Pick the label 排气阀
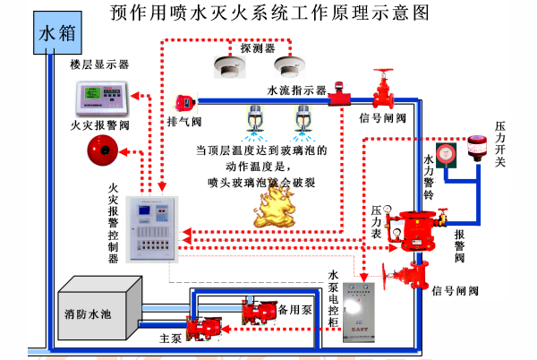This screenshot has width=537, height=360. [185, 120]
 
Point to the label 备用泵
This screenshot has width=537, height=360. [294, 310]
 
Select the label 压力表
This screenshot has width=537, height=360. [378, 222]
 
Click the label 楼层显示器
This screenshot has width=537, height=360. [100, 65]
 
